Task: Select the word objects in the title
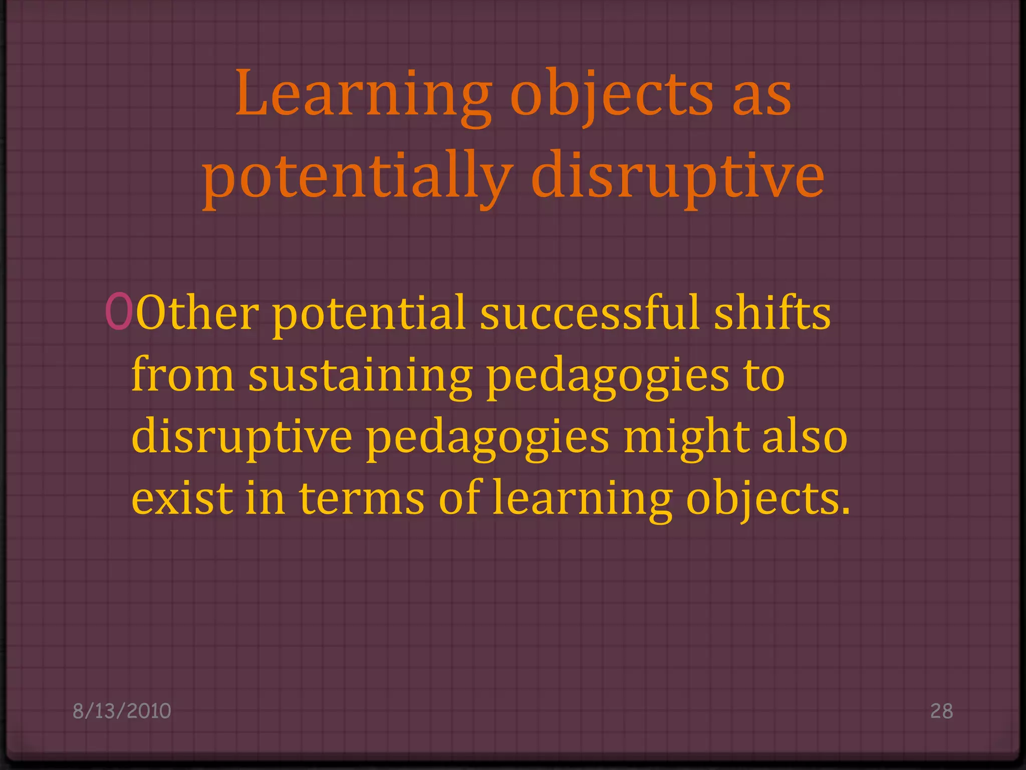coord(611,95)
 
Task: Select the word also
coord(805,436)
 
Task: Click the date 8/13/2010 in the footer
coord(122,711)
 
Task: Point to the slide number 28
coord(941,711)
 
